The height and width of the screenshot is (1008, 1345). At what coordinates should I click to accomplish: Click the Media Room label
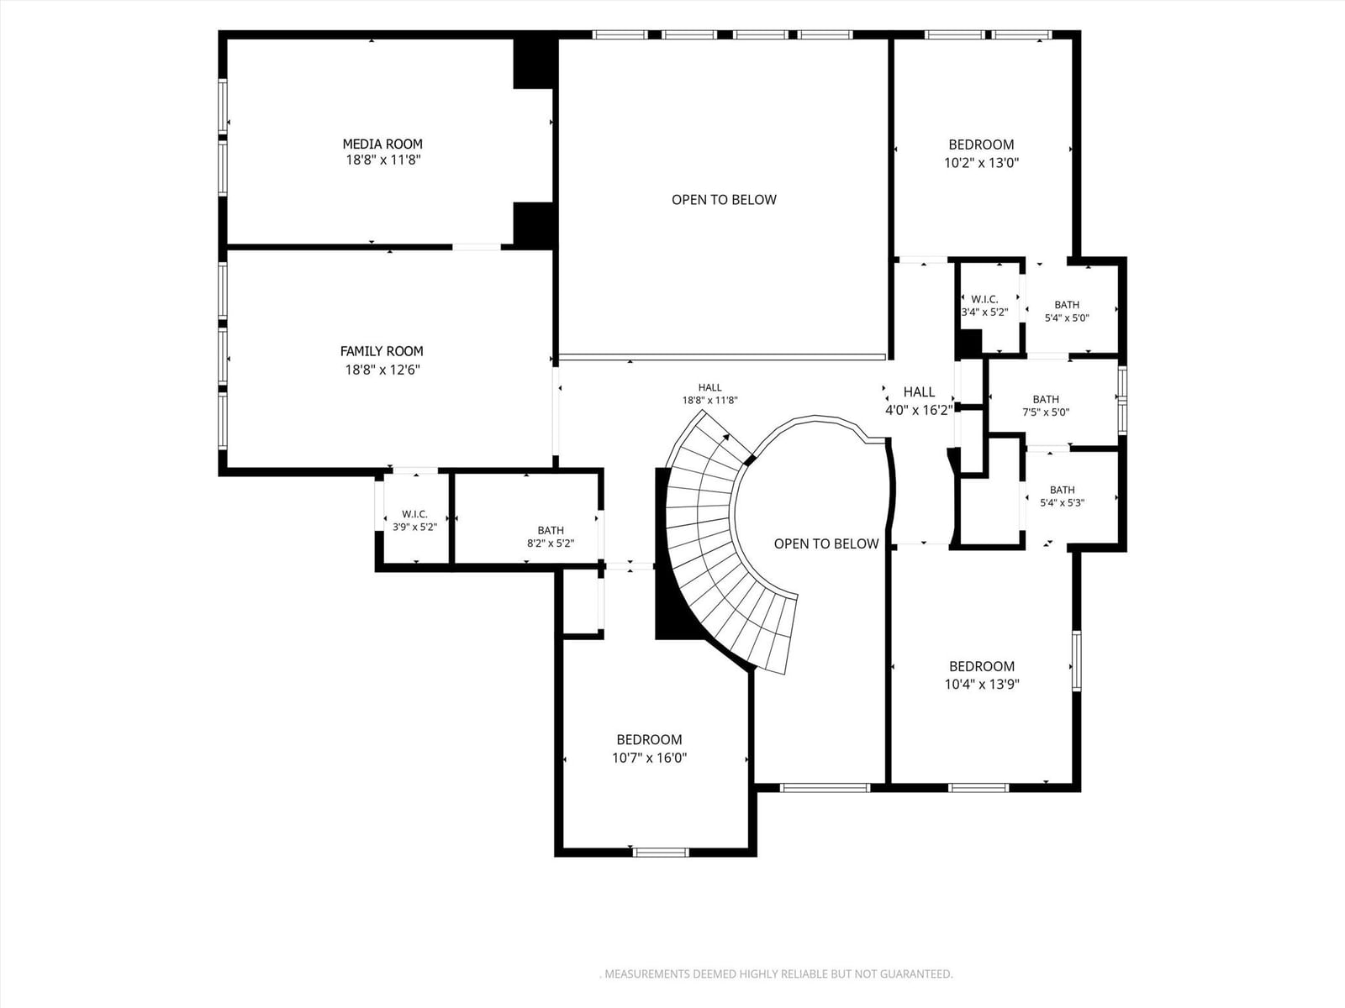coord(382,144)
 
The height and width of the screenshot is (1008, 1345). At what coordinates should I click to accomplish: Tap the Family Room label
coord(382,351)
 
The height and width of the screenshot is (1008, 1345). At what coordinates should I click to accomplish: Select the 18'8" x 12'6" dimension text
coord(382,370)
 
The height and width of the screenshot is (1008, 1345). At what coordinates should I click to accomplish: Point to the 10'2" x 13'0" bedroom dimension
coord(982,163)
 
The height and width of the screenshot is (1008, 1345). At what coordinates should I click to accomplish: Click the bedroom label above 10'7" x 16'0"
coord(650,739)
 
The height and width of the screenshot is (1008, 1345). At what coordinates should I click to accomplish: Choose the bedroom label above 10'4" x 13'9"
coord(982,666)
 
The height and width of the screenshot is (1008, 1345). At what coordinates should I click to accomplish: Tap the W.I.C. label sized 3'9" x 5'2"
coord(414,514)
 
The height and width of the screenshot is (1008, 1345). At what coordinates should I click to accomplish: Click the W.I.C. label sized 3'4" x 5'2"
coord(984,299)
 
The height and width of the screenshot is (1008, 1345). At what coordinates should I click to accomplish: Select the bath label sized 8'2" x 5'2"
coord(551,530)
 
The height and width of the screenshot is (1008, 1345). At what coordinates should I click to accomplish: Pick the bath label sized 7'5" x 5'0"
coord(1046,399)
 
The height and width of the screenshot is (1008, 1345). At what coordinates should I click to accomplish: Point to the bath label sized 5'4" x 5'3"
coord(1063,490)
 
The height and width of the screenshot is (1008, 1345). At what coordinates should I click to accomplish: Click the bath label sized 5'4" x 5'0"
coord(1067,305)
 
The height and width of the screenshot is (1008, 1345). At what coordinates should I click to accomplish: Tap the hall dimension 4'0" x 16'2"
coord(919,410)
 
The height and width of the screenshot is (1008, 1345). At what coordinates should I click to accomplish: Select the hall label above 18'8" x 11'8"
coord(710,387)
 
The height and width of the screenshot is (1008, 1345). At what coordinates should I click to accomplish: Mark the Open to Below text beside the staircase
coord(826,543)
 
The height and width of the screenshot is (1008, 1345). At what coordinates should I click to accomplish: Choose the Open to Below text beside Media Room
coord(724,200)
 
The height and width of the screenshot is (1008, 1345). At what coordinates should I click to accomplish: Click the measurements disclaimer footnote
coord(777,974)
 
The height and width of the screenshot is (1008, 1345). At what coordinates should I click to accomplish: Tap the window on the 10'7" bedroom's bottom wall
coord(661,853)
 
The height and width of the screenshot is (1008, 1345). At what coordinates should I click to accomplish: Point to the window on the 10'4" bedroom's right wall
coord(1077,661)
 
